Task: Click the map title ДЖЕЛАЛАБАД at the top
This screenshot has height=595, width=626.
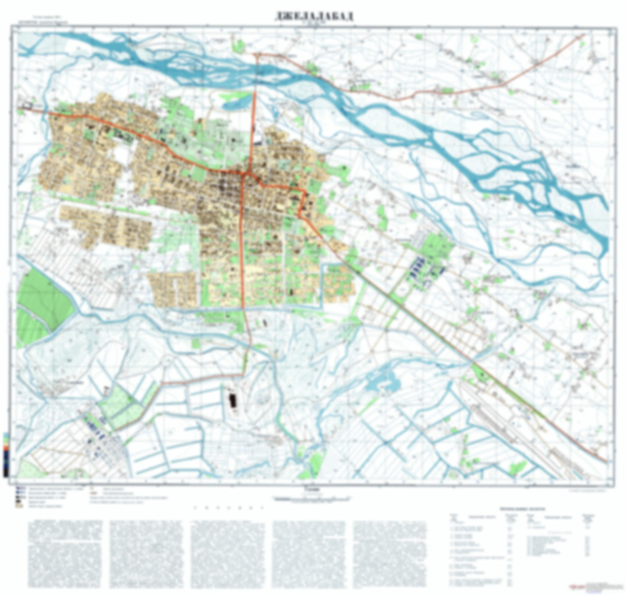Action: (x=314, y=16)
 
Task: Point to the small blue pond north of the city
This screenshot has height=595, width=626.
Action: (x=236, y=100)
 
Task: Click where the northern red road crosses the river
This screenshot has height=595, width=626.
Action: (x=256, y=74)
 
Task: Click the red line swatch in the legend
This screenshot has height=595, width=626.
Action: (x=94, y=493)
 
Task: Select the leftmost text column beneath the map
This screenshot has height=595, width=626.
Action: (x=65, y=555)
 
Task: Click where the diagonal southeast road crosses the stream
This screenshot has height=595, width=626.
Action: (x=473, y=361)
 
